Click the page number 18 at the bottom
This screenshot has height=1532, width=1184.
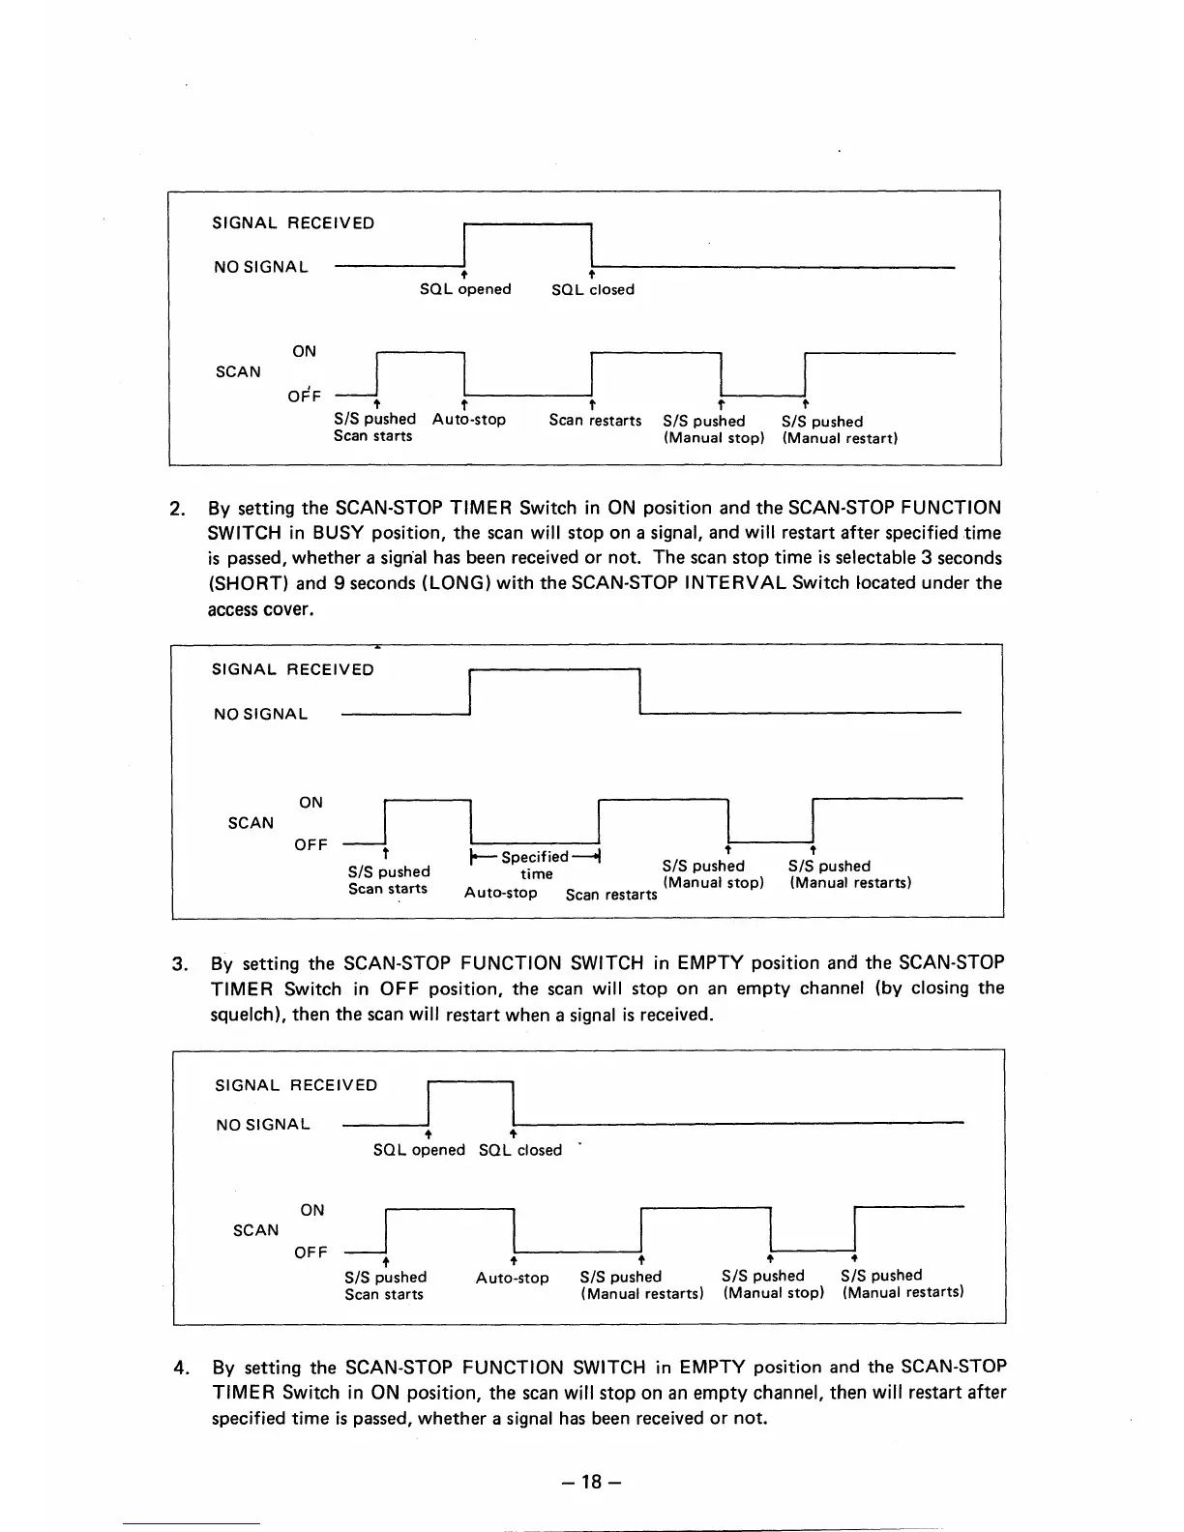coord(592,1481)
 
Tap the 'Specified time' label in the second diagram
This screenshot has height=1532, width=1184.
coord(536,865)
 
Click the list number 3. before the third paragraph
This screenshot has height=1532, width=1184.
coord(179,963)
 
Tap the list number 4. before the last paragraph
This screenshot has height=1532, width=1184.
coord(180,1368)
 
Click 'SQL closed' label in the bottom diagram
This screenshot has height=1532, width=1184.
coord(520,1150)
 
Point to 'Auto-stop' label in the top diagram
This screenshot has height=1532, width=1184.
coord(468,420)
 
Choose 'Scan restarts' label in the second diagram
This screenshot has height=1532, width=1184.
coord(611,895)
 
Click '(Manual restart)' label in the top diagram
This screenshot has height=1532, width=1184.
coord(841,438)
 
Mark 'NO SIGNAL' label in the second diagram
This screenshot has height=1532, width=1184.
coord(260,714)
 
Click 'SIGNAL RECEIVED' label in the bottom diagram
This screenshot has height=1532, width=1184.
coord(296,1085)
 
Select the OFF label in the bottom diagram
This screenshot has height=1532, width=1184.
coord(311,1252)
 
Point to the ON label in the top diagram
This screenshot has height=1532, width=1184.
coord(304,351)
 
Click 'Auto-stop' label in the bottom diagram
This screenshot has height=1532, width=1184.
coord(512,1278)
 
